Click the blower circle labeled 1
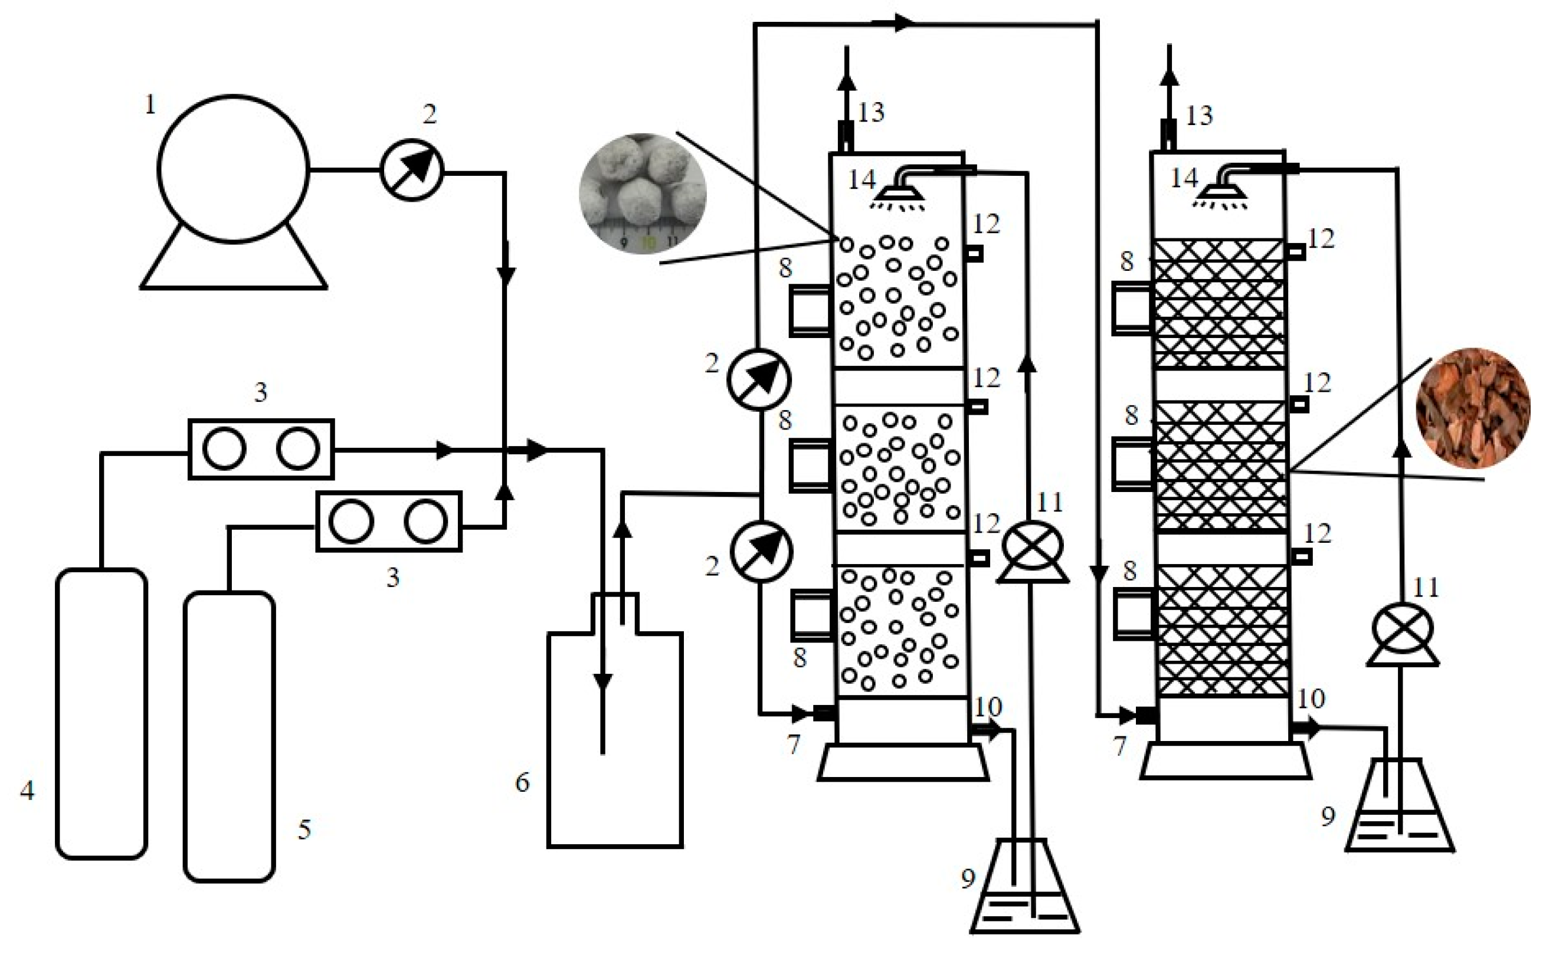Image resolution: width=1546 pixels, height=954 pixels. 233,169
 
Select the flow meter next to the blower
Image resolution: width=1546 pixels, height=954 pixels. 412,170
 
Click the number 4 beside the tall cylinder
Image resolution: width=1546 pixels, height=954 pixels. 27,790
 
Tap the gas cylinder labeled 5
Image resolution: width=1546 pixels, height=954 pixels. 229,736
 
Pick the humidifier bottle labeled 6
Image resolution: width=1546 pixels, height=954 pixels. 615,738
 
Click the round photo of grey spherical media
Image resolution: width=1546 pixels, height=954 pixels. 643,194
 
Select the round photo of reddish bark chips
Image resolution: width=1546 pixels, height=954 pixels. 1473,408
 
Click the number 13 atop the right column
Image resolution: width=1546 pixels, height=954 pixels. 1199,116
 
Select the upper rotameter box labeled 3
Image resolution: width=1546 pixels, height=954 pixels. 261,449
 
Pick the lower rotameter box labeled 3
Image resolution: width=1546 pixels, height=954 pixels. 388,522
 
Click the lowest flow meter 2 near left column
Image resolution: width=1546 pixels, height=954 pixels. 761,551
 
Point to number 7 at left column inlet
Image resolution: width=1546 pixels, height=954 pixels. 793,745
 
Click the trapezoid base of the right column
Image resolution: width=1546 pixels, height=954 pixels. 1226,761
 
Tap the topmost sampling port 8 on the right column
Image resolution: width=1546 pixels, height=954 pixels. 1131,307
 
